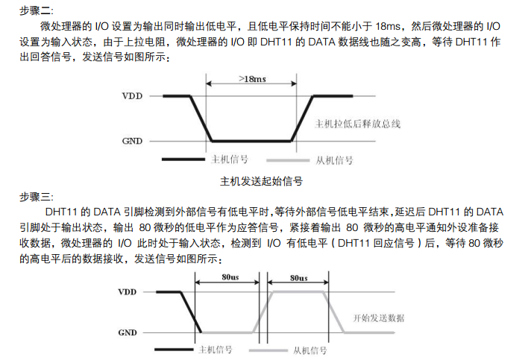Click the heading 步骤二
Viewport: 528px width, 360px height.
click(x=36, y=8)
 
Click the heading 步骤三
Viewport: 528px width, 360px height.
click(x=36, y=196)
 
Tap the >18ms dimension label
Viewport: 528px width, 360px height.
click(x=254, y=78)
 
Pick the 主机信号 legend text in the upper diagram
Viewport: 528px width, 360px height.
click(x=230, y=159)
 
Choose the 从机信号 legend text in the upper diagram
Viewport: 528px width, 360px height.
click(x=334, y=160)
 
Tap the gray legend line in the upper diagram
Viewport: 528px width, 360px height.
click(x=286, y=160)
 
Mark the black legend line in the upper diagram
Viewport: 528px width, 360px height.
click(x=180, y=160)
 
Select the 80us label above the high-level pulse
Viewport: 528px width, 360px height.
click(x=300, y=277)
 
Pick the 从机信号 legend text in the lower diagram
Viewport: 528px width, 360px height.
click(x=309, y=350)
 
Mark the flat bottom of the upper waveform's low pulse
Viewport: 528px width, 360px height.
click(x=254, y=141)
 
